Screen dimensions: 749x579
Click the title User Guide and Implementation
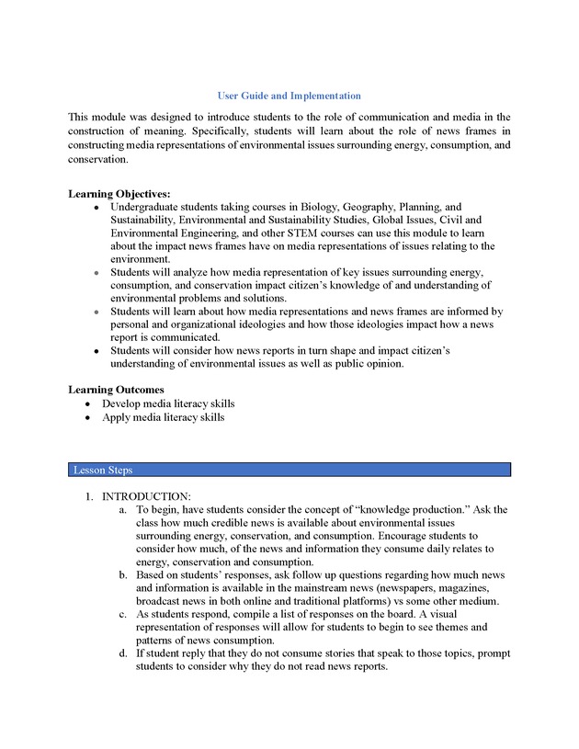point(289,96)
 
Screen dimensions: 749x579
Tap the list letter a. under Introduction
point(123,509)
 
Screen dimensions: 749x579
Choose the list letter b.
point(123,575)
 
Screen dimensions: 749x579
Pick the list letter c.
point(123,614)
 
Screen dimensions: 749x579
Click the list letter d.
point(123,653)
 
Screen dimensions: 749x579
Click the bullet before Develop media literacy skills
point(87,403)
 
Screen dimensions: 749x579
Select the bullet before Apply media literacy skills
point(87,417)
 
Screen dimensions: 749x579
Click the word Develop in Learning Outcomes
point(122,403)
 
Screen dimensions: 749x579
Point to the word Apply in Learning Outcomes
point(117,417)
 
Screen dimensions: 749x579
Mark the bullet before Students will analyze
point(96,273)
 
